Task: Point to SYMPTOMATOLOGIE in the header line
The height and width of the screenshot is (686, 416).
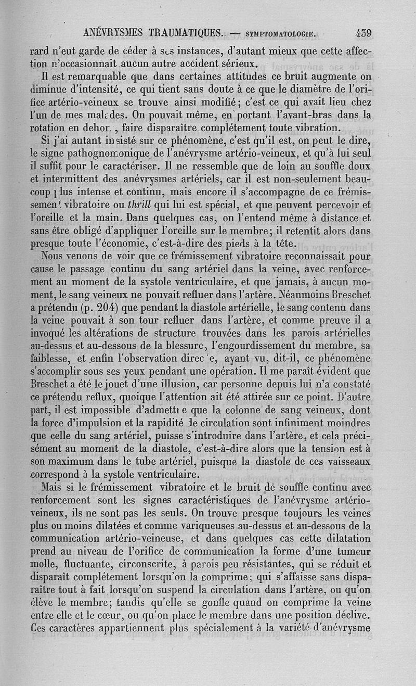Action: (x=281, y=34)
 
